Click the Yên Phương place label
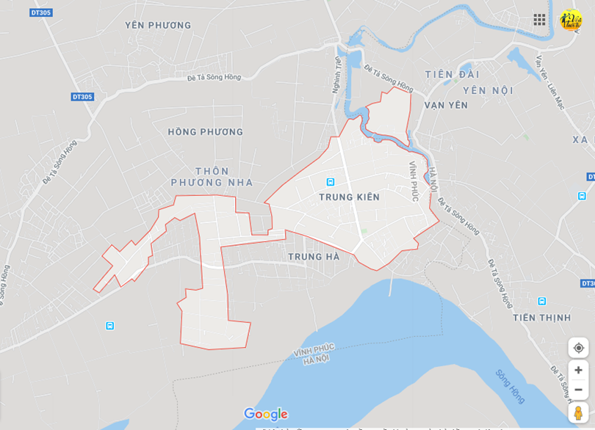158,26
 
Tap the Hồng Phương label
205,132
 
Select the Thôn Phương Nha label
212,177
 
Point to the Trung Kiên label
349,197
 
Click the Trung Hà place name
314,257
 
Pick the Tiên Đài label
452,74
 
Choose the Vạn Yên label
446,105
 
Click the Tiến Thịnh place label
542,318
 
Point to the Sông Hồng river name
510,386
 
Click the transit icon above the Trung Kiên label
331,182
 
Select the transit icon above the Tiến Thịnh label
542,301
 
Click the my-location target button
578,348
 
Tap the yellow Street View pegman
578,412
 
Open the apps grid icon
539,20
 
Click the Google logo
266,415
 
